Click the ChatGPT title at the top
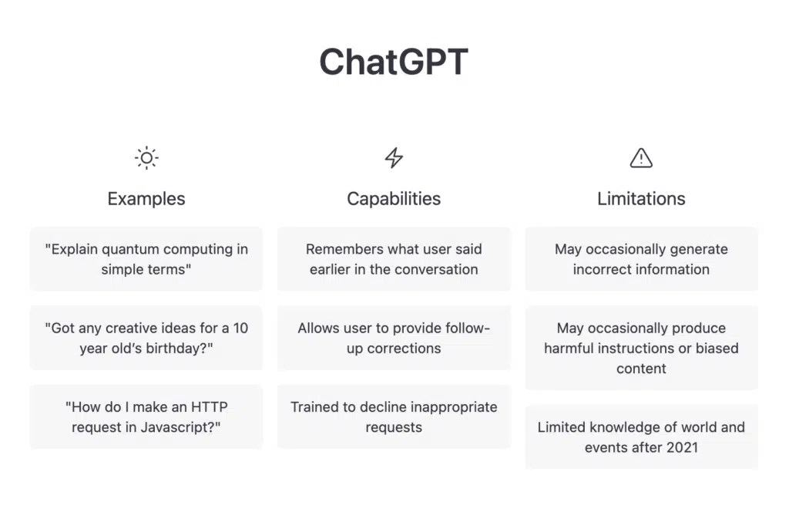(x=394, y=62)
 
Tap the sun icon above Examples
(x=146, y=158)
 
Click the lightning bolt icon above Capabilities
(x=394, y=157)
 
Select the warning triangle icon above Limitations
(x=641, y=158)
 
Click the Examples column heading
(x=146, y=199)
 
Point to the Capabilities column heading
(x=394, y=199)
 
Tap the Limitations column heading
(x=641, y=199)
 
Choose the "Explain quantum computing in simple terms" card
(x=146, y=259)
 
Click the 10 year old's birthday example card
(x=146, y=338)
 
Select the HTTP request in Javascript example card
(x=146, y=417)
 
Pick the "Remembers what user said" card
(x=394, y=259)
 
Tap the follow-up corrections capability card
(x=394, y=338)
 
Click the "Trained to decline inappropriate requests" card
(x=394, y=417)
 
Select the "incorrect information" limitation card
(x=642, y=259)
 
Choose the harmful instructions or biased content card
(x=642, y=348)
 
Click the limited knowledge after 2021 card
(x=642, y=437)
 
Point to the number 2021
(x=682, y=447)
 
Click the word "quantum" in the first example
(x=130, y=250)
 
